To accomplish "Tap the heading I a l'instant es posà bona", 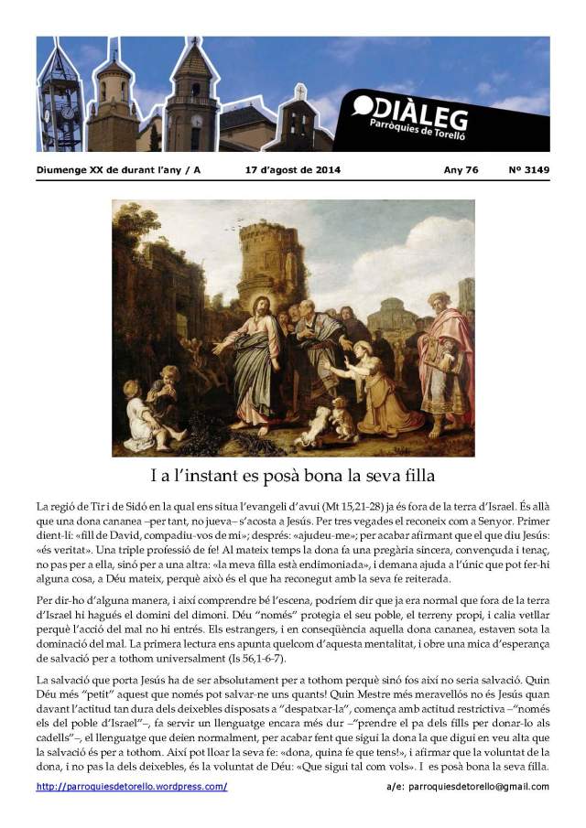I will [292, 476].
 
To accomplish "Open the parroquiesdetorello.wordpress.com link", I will [132, 787].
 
